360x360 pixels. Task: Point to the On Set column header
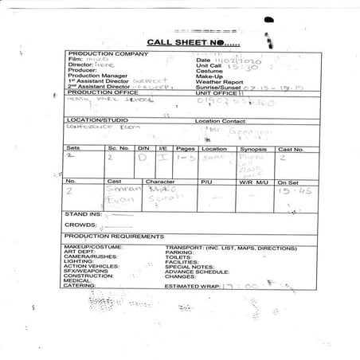[x=288, y=182]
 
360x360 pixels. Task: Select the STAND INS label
[x=81, y=214]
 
